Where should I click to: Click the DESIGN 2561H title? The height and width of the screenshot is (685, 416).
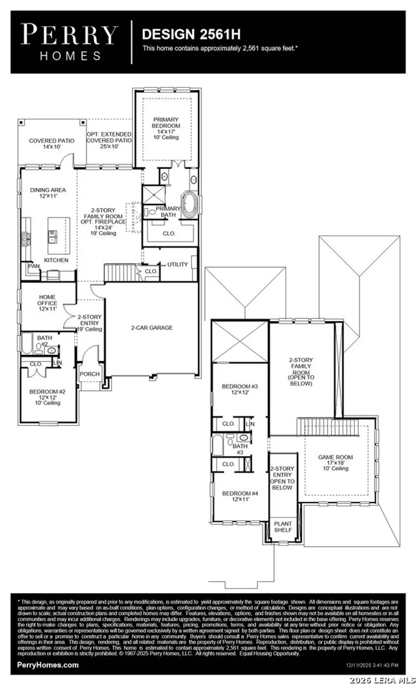pyautogui.click(x=191, y=34)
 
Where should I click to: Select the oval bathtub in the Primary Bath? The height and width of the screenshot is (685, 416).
pyautogui.click(x=189, y=205)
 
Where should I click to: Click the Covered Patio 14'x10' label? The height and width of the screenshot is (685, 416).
pyautogui.click(x=52, y=143)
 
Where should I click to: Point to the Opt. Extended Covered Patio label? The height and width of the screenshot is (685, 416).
pyautogui.click(x=109, y=140)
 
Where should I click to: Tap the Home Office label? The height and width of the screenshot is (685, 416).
pyautogui.click(x=47, y=303)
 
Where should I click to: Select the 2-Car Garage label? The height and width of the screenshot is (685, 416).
pyautogui.click(x=152, y=328)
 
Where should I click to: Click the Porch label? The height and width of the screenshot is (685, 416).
pyautogui.click(x=90, y=374)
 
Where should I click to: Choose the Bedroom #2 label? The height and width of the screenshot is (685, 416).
pyautogui.click(x=47, y=397)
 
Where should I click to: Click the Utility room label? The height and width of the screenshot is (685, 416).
pyautogui.click(x=177, y=264)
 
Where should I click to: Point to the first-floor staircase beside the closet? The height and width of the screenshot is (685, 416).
pyautogui.click(x=120, y=272)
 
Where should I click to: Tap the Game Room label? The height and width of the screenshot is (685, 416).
pyautogui.click(x=335, y=462)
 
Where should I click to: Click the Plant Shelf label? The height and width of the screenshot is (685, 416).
pyautogui.click(x=283, y=526)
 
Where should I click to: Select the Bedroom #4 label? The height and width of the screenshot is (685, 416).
pyautogui.click(x=240, y=496)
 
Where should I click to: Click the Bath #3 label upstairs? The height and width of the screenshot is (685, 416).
pyautogui.click(x=240, y=449)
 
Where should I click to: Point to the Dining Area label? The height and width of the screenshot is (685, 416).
pyautogui.click(x=48, y=193)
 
